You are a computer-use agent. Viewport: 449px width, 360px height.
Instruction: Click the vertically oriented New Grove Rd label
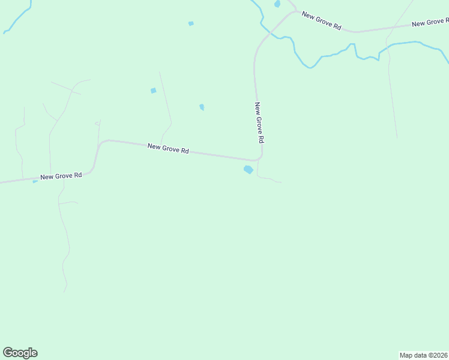click(259, 122)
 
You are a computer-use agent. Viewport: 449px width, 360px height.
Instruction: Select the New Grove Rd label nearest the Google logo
click(61, 176)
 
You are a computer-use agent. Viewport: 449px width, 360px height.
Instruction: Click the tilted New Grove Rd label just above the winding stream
click(321, 21)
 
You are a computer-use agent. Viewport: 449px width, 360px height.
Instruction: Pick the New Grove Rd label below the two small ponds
click(168, 148)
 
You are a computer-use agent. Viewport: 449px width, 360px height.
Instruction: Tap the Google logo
click(20, 353)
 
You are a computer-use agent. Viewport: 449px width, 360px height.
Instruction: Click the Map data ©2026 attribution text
click(424, 355)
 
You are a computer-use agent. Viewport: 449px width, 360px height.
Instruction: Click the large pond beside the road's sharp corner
click(248, 170)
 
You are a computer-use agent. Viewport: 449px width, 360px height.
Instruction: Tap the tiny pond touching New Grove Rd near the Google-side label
click(35, 181)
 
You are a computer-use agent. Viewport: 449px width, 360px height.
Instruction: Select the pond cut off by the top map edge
click(277, 4)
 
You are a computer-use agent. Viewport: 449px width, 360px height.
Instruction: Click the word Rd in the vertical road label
click(261, 138)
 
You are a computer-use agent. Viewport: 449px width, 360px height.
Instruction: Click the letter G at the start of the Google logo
click(8, 353)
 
